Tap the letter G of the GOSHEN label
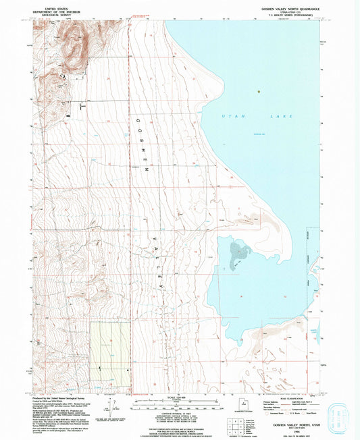138,119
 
